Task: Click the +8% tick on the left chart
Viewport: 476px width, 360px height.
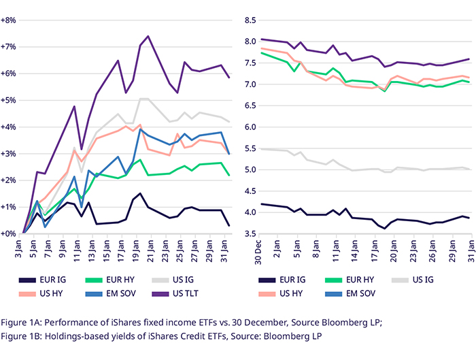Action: point(9,20)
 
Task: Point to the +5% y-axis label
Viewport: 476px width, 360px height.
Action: point(9,100)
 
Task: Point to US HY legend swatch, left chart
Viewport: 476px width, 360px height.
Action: point(28,293)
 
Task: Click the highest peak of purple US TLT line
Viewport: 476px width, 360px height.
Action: point(148,36)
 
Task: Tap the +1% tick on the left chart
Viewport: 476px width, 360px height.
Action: point(9,207)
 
